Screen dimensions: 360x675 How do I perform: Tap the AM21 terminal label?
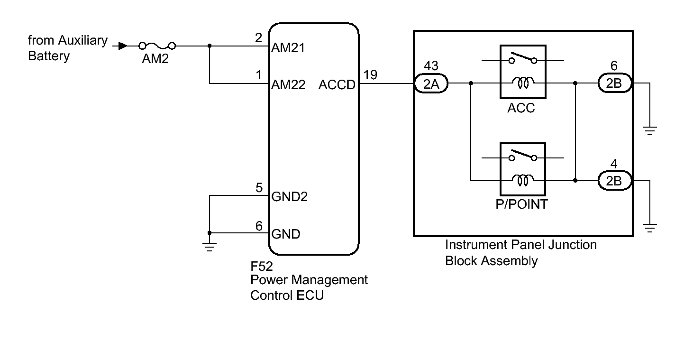click(x=288, y=48)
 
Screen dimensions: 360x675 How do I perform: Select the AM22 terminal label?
click(x=288, y=85)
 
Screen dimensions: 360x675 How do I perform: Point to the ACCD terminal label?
click(x=337, y=85)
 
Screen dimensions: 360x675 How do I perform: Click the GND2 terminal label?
click(x=289, y=197)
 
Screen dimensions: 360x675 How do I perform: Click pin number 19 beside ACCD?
click(x=370, y=74)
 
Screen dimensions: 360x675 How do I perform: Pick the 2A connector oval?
click(x=431, y=84)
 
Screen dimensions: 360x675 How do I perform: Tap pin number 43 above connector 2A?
click(x=431, y=66)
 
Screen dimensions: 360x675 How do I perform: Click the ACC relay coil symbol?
click(x=523, y=83)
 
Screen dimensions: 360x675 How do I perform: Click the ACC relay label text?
click(x=521, y=108)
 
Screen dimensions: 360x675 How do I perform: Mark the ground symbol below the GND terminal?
click(x=210, y=245)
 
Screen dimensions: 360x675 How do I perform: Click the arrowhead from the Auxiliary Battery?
click(x=123, y=46)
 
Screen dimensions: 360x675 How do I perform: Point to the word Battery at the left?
click(x=49, y=56)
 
